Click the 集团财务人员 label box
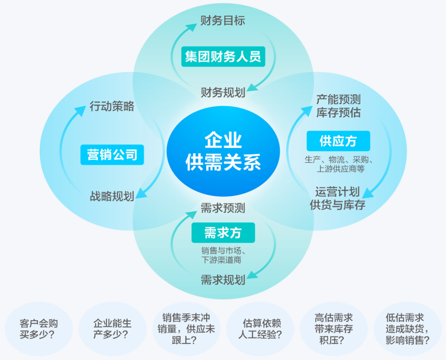click(223, 57)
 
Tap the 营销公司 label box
click(112, 154)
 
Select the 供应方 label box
click(338, 141)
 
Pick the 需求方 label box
click(223, 233)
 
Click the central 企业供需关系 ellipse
click(223, 151)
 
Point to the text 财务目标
click(223, 21)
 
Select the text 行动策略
click(112, 106)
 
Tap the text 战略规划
click(112, 196)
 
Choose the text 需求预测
click(223, 208)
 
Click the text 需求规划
click(223, 280)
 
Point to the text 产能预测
click(338, 99)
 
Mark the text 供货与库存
click(337, 205)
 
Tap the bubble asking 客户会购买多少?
click(39, 329)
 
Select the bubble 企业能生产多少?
click(112, 329)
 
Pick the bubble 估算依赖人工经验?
click(260, 329)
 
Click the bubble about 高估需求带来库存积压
click(334, 329)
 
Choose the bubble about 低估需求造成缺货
click(407, 329)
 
